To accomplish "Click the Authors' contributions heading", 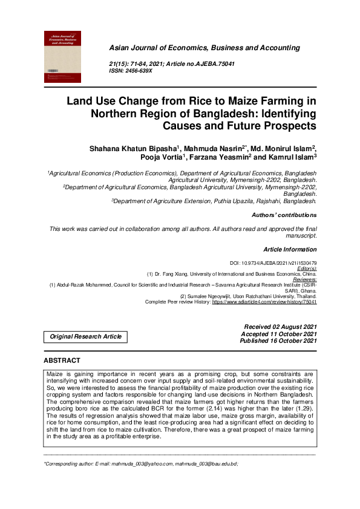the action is (x=283, y=215).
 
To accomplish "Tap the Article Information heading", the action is (x=290, y=249).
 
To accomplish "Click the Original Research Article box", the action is (x=85, y=337).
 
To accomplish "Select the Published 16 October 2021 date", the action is (x=278, y=341).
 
